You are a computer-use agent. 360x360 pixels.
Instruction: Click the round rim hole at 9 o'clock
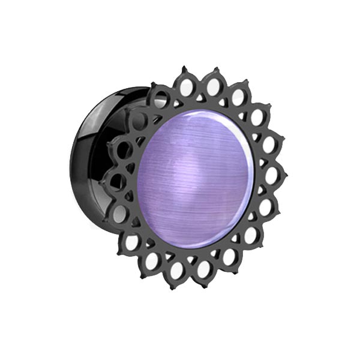[119, 179]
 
